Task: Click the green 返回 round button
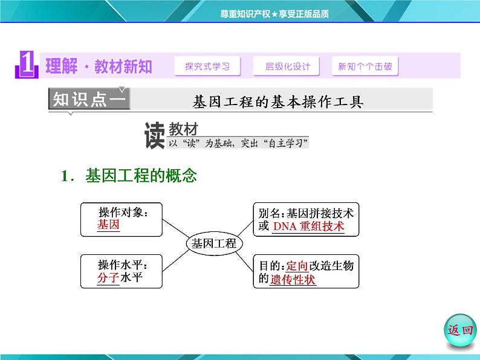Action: [460, 330]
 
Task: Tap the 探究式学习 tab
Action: [207, 66]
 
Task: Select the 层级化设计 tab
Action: [286, 66]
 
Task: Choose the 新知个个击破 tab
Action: [365, 66]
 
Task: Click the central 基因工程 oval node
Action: [214, 243]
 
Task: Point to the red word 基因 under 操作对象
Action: [108, 225]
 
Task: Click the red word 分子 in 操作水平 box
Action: [108, 278]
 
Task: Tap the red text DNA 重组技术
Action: [308, 227]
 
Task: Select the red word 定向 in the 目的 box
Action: [297, 266]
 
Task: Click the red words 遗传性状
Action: [293, 279]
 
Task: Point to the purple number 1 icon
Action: [27, 65]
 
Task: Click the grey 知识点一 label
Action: [89, 99]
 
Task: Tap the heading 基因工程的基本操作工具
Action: [278, 101]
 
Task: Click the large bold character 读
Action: [155, 135]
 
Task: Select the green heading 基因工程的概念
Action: [141, 176]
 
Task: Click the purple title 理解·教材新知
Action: [99, 66]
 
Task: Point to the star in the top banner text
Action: [274, 14]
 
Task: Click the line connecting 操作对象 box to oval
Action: [176, 228]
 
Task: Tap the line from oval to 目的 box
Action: [245, 262]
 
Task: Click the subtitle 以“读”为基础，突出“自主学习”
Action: [238, 143]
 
